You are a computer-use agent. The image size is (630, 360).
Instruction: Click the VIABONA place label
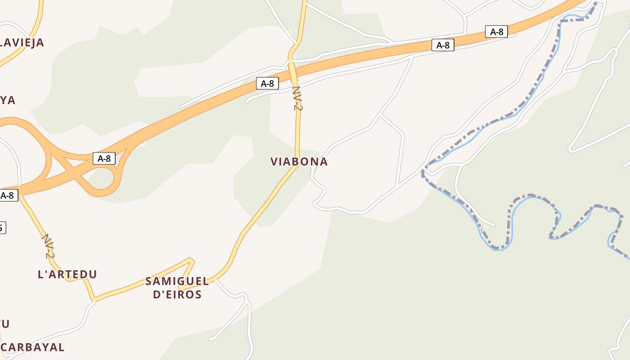(299, 162)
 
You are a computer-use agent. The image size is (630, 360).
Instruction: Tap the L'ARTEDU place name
(67, 274)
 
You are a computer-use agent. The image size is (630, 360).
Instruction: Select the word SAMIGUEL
(177, 282)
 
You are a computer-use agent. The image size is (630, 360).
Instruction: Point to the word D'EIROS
(177, 295)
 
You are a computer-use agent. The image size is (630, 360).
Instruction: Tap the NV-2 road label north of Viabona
(296, 98)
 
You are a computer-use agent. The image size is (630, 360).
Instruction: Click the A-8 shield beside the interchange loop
(104, 158)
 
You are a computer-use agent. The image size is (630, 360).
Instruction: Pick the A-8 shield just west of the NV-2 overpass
(267, 83)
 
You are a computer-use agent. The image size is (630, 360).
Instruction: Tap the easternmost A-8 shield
(496, 31)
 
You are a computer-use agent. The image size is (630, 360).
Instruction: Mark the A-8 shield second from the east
(443, 45)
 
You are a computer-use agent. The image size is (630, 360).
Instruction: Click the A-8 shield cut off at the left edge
(9, 195)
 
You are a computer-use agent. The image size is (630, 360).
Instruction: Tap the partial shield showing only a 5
(2, 227)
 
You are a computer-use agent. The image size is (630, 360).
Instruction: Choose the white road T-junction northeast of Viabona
(380, 115)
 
